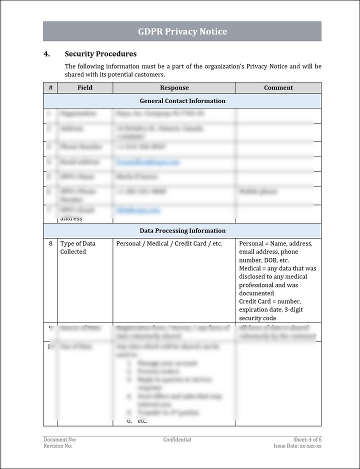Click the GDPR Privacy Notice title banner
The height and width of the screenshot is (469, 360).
(182, 31)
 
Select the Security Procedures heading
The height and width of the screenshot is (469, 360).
(100, 54)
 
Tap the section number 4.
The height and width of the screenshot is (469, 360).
(46, 54)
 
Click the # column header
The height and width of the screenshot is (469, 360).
(50, 87)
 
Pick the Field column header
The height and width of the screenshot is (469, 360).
(85, 87)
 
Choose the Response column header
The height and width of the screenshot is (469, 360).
(174, 87)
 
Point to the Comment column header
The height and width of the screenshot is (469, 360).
(278, 87)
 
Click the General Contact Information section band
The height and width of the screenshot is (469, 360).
(182, 101)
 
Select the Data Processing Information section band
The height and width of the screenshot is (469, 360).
(182, 231)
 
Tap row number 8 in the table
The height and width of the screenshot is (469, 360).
(50, 244)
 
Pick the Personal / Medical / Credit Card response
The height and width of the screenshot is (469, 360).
(169, 244)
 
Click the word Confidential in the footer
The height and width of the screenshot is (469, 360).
(177, 440)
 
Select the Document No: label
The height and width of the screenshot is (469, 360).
(59, 440)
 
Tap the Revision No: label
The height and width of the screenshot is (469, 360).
(58, 446)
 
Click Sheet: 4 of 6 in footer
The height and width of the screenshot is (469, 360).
(307, 440)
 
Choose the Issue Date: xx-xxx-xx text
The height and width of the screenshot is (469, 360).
(297, 446)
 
